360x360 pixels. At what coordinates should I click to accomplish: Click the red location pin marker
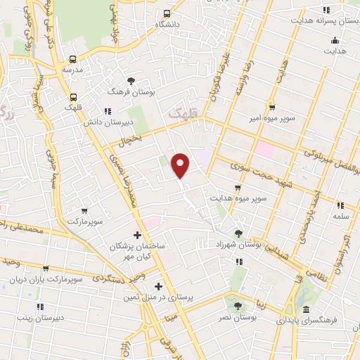(181, 165)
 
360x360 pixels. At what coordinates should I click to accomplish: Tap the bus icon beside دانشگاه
(167, 13)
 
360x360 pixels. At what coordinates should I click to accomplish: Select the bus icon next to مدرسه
(72, 59)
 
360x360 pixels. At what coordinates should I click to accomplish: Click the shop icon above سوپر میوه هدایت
(238, 188)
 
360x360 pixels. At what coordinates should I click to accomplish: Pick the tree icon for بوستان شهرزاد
(239, 233)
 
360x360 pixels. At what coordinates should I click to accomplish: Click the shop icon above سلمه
(340, 206)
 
